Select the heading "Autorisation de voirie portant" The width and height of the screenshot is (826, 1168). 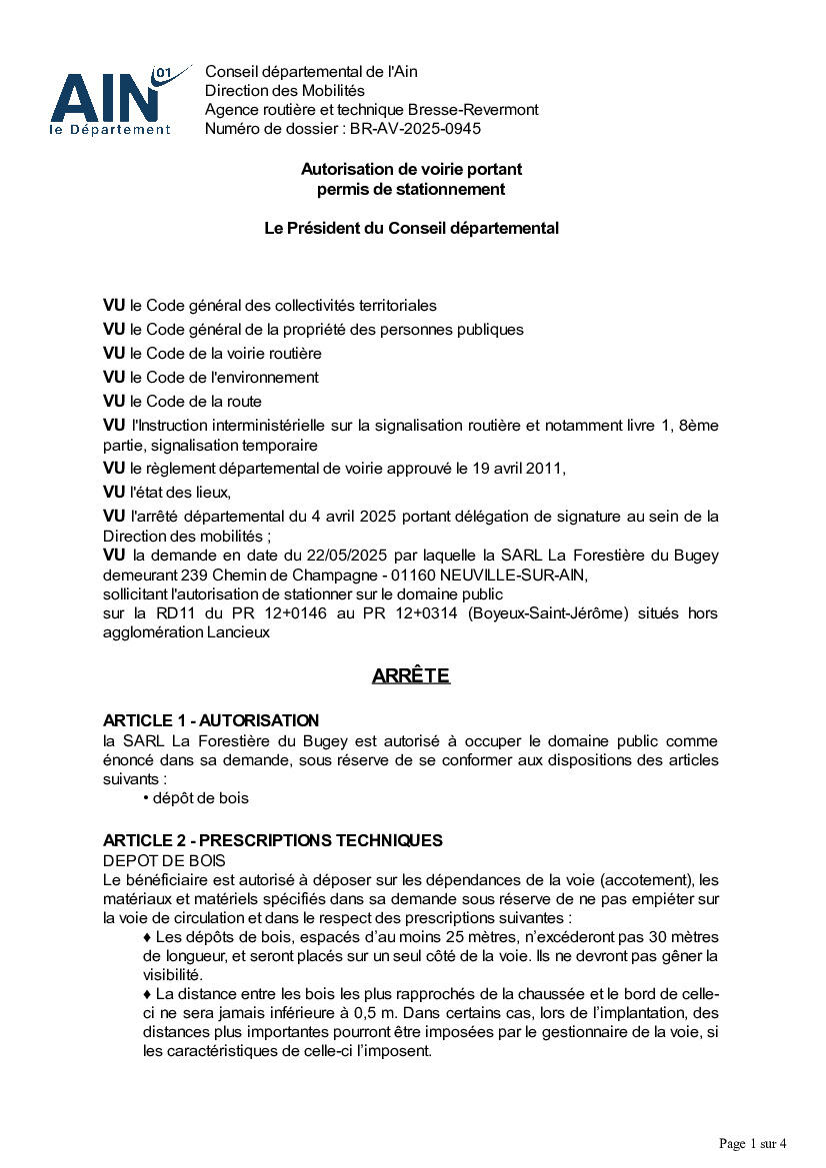pos(411,169)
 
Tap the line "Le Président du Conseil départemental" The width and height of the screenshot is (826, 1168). pos(411,228)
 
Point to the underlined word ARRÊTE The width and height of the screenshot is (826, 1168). pos(411,676)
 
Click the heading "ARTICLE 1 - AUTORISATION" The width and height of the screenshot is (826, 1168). pos(211,720)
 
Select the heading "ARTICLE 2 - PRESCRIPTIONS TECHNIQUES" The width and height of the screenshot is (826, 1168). pos(273,840)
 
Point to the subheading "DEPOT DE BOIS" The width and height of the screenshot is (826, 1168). pos(164,860)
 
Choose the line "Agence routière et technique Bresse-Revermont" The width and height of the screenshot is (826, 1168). pos(371,109)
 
